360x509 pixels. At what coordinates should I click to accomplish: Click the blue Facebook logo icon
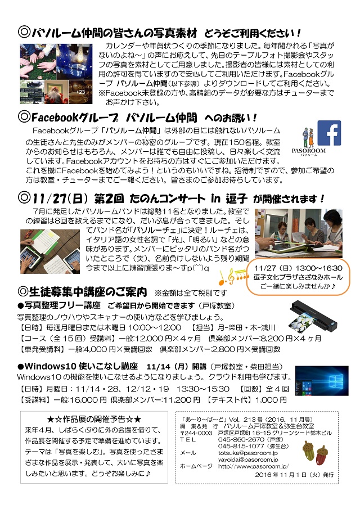tap(329, 133)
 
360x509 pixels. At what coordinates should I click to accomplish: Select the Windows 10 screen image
tap(322, 381)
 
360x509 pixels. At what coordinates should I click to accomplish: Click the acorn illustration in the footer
tap(315, 452)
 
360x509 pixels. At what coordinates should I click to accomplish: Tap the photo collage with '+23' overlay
tap(56, 74)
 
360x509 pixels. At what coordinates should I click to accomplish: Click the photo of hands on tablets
tap(50, 251)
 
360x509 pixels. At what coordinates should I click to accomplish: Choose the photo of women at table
tap(298, 233)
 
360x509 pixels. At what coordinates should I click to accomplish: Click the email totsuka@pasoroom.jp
tap(247, 453)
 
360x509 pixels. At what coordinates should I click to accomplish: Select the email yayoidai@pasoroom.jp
tap(247, 460)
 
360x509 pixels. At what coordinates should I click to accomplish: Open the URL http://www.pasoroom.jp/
tap(254, 466)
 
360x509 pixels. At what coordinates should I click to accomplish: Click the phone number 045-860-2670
tap(241, 439)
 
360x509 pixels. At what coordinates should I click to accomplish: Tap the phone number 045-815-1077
tap(241, 446)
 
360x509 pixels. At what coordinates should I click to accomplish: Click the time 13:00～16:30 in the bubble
tap(319, 268)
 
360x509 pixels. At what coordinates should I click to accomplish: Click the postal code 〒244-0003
tap(196, 433)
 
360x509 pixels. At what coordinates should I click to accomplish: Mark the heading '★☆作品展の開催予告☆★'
tap(94, 419)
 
